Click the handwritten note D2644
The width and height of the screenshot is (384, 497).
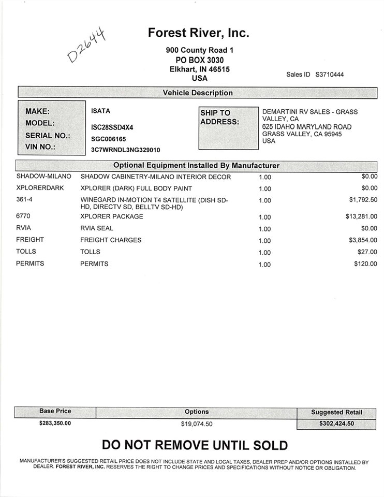[87, 45]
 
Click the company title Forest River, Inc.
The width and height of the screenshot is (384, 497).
[199, 33]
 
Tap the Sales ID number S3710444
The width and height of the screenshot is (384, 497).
[329, 75]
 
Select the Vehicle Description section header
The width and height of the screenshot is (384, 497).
[198, 93]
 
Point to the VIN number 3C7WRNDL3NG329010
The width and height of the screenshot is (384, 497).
[125, 150]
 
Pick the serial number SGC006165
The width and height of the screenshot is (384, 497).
[108, 139]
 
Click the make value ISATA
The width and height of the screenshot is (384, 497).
[100, 111]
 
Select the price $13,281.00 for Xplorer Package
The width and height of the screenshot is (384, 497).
[361, 216]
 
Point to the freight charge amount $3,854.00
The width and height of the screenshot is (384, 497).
[363, 240]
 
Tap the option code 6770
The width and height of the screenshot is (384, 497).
[23, 216]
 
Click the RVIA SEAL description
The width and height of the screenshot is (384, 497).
[97, 228]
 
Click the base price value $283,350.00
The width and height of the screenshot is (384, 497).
[55, 423]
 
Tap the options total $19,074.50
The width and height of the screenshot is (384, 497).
[196, 424]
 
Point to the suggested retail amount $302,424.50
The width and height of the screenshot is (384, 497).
[336, 423]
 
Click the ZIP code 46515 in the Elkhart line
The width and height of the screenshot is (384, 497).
[219, 69]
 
